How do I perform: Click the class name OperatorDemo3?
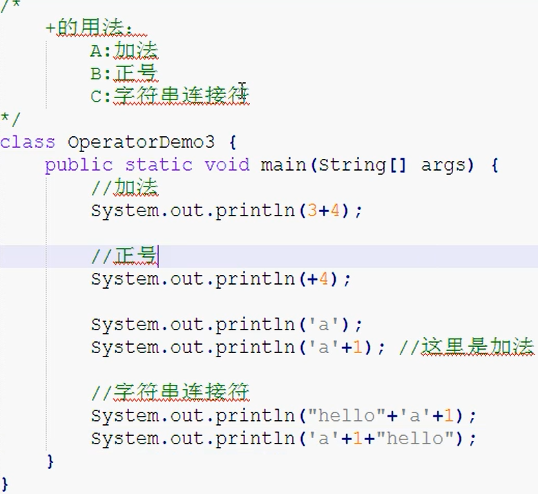141,142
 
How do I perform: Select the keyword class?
28,142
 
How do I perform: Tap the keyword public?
78,165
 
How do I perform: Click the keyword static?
158,165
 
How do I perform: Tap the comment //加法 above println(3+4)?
124,188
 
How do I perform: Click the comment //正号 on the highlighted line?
124,256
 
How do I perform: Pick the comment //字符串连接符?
170,393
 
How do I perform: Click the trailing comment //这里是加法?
466,348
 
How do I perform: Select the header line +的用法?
89,28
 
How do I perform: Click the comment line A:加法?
124,51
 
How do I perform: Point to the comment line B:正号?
124,74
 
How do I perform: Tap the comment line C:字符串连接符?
170,96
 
